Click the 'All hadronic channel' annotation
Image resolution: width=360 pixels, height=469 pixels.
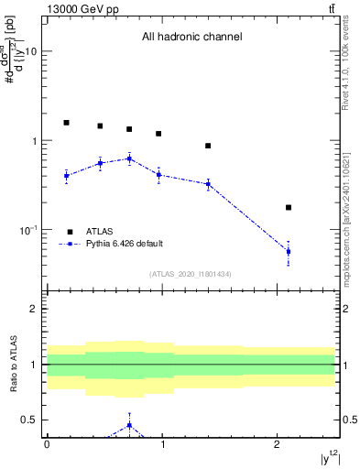click(191, 38)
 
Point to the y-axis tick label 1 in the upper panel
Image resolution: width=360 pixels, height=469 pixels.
click(35, 141)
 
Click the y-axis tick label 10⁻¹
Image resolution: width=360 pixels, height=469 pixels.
click(27, 229)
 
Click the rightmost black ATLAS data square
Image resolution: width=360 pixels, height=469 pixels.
click(289, 208)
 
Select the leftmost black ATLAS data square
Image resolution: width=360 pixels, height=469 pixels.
click(66, 122)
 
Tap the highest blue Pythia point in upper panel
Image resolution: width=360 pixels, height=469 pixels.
click(129, 158)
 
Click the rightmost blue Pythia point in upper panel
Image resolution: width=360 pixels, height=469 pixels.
click(289, 251)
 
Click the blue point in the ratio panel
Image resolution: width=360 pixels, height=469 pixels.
click(129, 425)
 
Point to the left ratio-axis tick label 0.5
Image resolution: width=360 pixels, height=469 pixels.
click(30, 420)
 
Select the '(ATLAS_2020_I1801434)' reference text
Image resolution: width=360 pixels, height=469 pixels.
click(191, 274)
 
